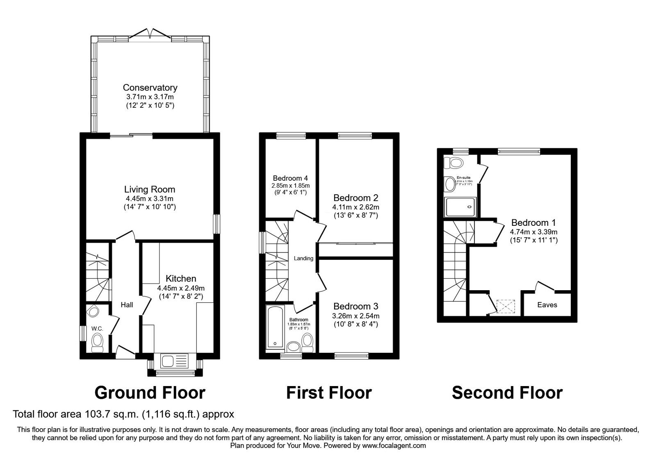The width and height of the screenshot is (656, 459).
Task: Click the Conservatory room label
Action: pyautogui.click(x=150, y=87)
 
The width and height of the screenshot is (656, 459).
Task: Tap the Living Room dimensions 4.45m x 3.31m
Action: pyautogui.click(x=150, y=199)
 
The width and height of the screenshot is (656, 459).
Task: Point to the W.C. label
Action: pyautogui.click(x=97, y=328)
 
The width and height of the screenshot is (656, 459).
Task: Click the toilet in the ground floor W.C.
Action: pyautogui.click(x=97, y=342)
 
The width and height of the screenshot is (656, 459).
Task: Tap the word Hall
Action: pyautogui.click(x=127, y=304)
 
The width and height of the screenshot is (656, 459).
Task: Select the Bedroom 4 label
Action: pyautogui.click(x=290, y=178)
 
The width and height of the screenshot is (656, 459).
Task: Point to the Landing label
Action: pyautogui.click(x=303, y=258)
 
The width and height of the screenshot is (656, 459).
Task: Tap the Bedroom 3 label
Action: pyautogui.click(x=355, y=307)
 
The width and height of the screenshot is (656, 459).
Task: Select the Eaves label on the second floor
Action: pyautogui.click(x=547, y=305)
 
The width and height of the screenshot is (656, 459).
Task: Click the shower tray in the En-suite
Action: pyautogui.click(x=461, y=207)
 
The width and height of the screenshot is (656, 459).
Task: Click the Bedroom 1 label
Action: pyautogui.click(x=533, y=223)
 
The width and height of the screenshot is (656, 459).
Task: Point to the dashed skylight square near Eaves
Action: pyautogui.click(x=505, y=306)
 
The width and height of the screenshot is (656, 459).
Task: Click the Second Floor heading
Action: pyautogui.click(x=507, y=393)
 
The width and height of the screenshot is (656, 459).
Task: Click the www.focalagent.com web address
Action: pyautogui.click(x=394, y=445)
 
